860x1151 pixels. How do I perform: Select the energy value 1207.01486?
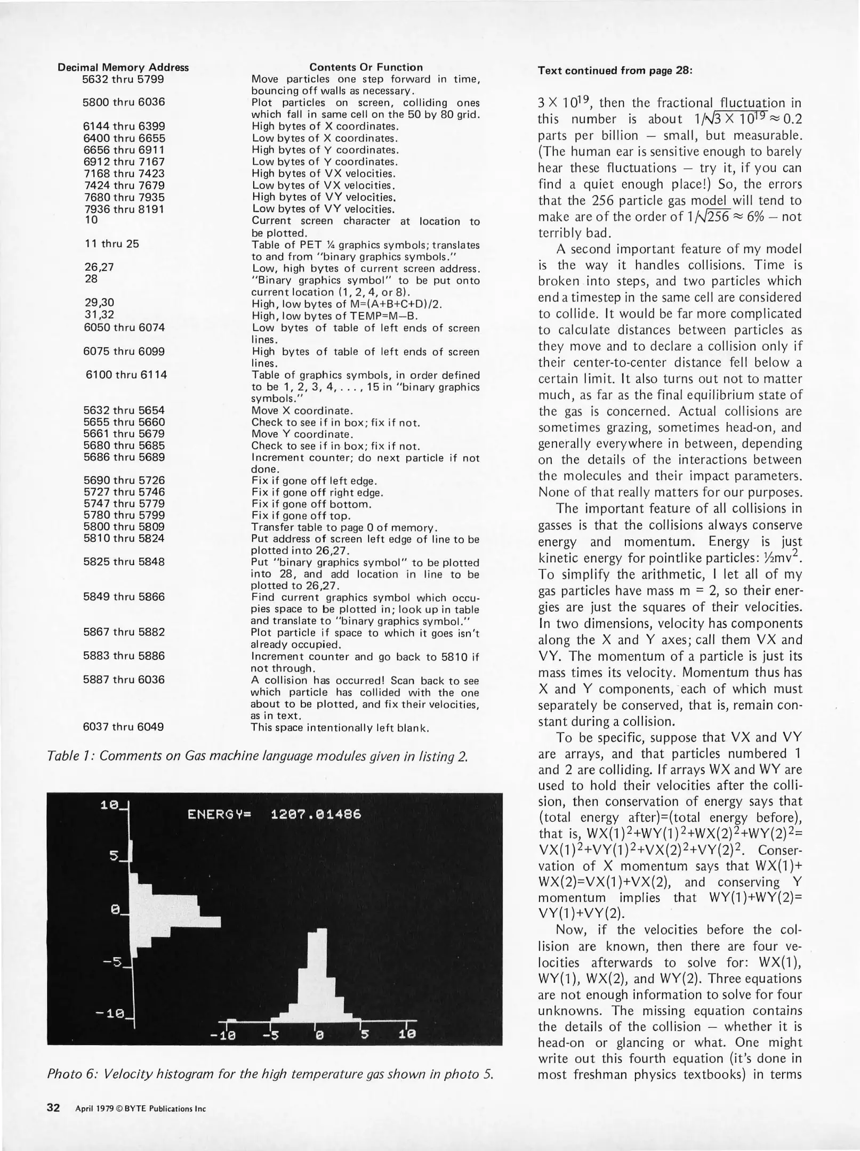[x=316, y=815]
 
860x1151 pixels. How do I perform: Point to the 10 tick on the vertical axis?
[x=110, y=806]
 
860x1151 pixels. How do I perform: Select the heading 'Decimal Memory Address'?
[x=123, y=68]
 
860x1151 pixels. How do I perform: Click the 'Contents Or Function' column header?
[x=366, y=67]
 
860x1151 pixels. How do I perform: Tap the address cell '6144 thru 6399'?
[x=124, y=126]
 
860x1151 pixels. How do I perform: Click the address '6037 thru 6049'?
[x=124, y=727]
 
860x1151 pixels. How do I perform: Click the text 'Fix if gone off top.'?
[x=301, y=516]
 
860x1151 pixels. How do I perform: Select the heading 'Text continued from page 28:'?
[x=615, y=71]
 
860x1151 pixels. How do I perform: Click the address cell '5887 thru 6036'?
[x=124, y=680]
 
